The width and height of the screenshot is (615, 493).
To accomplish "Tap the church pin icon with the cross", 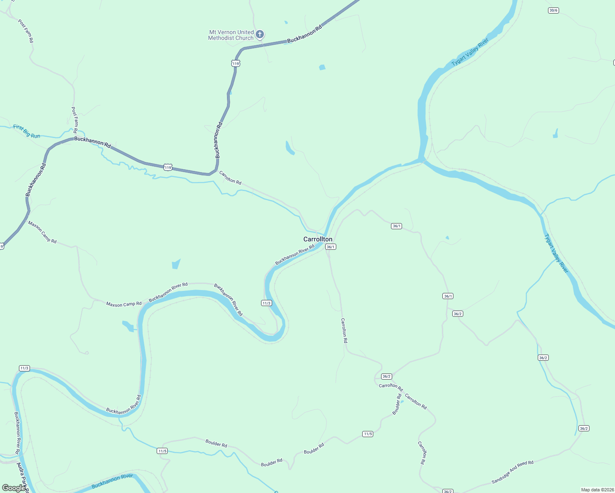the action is click(259, 34).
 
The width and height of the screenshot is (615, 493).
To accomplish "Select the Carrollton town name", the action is click(318, 239).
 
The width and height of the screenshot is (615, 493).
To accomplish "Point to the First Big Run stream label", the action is click(27, 131).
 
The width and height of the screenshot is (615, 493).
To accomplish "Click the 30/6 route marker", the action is click(553, 10).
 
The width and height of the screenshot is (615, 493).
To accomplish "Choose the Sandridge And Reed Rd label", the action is click(512, 472).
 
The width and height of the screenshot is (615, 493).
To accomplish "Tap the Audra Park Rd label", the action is click(22, 477).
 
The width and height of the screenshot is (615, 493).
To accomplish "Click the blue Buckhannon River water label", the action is click(112, 481).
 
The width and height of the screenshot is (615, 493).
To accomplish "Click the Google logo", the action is click(13, 488).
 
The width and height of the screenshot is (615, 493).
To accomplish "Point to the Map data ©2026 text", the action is click(597, 490).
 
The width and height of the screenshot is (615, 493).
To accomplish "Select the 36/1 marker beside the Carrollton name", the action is click(331, 247).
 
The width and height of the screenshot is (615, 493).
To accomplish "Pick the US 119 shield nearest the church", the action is click(235, 63).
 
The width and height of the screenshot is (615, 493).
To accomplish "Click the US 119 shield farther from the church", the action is click(167, 167).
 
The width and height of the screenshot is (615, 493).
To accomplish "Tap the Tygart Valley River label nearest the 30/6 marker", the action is click(470, 52).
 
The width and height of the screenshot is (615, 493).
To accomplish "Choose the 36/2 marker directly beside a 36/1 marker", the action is click(458, 314).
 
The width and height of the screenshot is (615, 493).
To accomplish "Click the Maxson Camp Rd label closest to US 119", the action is click(42, 232).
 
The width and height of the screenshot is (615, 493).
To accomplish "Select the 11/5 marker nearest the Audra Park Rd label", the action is click(162, 451).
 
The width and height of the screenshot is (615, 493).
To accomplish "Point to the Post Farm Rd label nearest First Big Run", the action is click(75, 120).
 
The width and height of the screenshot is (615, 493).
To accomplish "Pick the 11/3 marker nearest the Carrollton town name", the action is click(266, 303).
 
